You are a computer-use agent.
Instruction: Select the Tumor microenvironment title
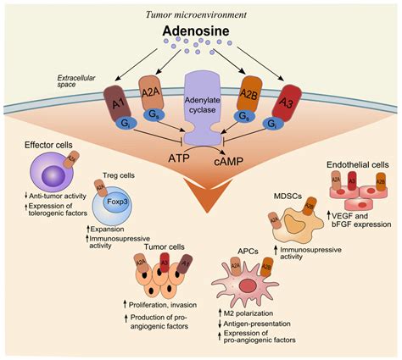coord(201,9)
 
